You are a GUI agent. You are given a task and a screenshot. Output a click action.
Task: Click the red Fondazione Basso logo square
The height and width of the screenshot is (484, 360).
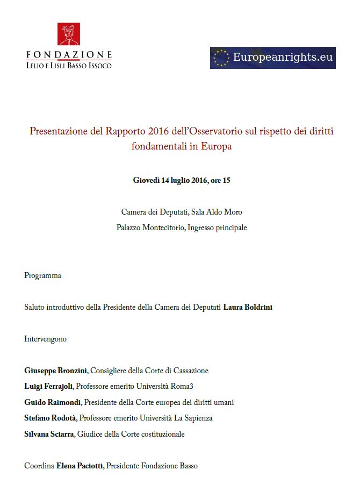[x=69, y=34]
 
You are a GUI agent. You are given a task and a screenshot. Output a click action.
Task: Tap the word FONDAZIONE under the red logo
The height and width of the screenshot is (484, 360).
[x=69, y=55]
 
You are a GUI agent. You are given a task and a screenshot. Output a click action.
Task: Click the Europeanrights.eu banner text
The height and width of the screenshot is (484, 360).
[x=283, y=57]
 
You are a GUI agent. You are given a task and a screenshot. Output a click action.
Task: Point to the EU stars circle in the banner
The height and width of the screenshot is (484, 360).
[x=221, y=58]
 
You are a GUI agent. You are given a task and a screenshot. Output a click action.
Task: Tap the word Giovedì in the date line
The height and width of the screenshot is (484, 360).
[x=148, y=180]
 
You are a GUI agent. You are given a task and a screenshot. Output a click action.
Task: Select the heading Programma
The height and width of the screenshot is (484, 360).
[x=43, y=275]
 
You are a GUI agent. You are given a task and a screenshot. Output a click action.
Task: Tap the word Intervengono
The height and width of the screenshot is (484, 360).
[x=46, y=339]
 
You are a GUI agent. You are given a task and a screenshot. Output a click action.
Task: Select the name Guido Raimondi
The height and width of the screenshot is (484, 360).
[x=53, y=402]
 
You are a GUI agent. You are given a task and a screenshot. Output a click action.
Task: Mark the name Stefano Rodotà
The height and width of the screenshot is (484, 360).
[x=51, y=418]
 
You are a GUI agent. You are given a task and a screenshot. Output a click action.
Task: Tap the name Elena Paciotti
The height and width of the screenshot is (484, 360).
[x=80, y=466]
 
